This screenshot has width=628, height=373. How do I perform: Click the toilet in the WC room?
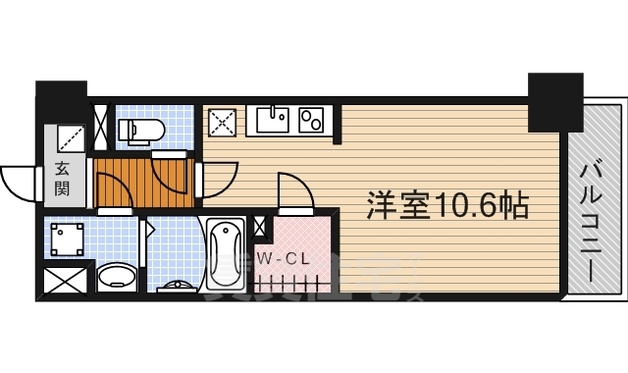coord(136,129)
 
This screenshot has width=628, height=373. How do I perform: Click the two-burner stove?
coord(313,121)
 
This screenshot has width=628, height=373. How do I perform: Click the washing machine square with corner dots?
coord(67,238)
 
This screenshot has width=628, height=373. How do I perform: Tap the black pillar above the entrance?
coord(62,99)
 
